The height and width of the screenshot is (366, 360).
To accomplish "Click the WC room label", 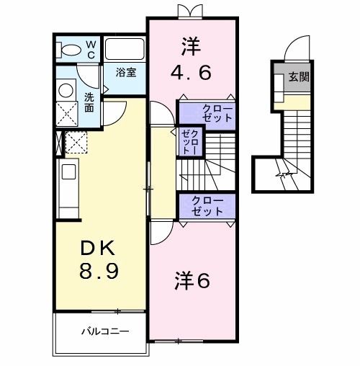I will [91, 48].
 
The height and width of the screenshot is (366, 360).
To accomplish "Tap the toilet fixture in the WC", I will [71, 49].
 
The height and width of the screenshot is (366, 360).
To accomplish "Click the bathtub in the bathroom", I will [125, 50].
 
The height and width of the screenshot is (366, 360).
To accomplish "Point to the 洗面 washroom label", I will [89, 102].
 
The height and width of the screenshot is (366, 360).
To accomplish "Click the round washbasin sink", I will [66, 90].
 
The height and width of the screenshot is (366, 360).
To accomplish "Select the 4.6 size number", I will [190, 72].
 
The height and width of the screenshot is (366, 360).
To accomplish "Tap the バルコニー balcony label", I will [104, 332].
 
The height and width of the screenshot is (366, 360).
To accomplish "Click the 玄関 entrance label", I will [300, 76].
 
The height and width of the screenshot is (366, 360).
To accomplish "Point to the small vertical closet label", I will [189, 143].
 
